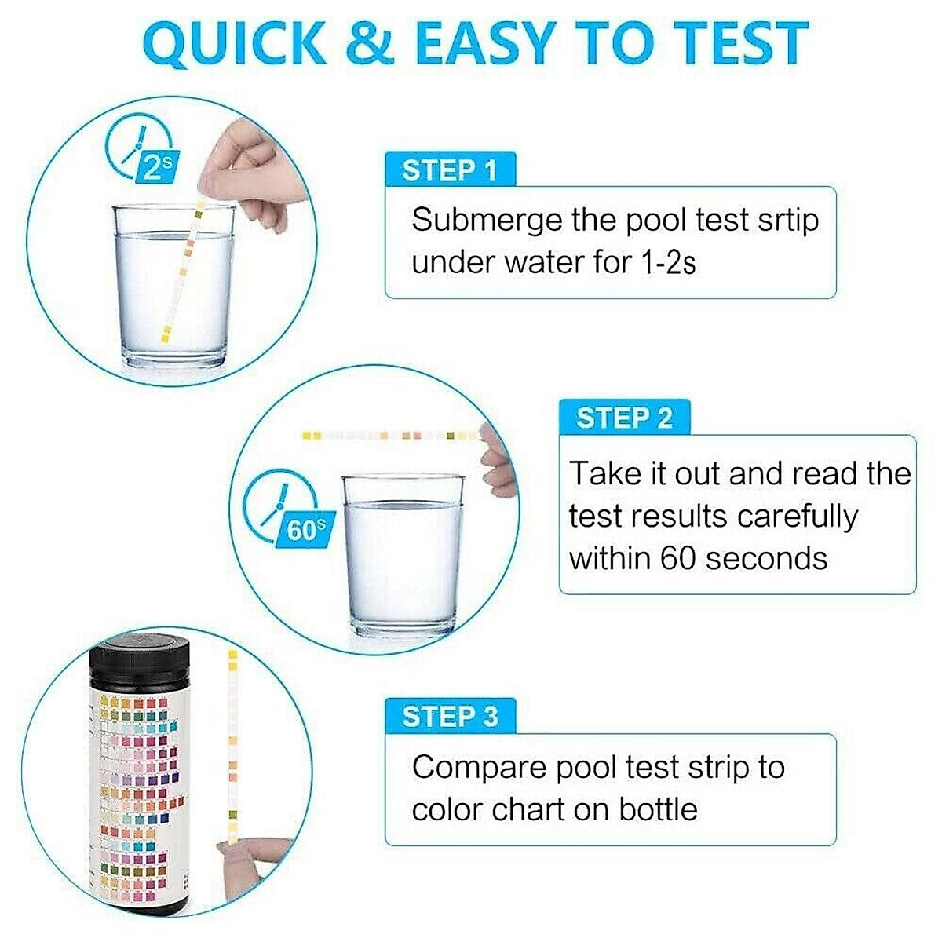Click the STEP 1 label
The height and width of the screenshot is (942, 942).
[x=450, y=170]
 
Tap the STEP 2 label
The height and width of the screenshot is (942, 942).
[x=624, y=418]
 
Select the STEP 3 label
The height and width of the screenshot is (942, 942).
[x=450, y=716]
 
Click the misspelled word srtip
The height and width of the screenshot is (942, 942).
[x=788, y=220]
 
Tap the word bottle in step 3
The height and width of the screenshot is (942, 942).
[x=658, y=809]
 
